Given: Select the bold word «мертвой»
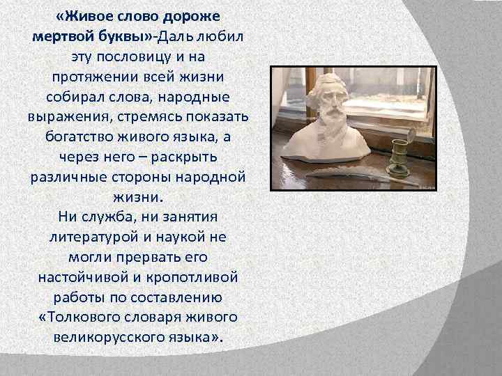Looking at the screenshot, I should pos(68,35).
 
